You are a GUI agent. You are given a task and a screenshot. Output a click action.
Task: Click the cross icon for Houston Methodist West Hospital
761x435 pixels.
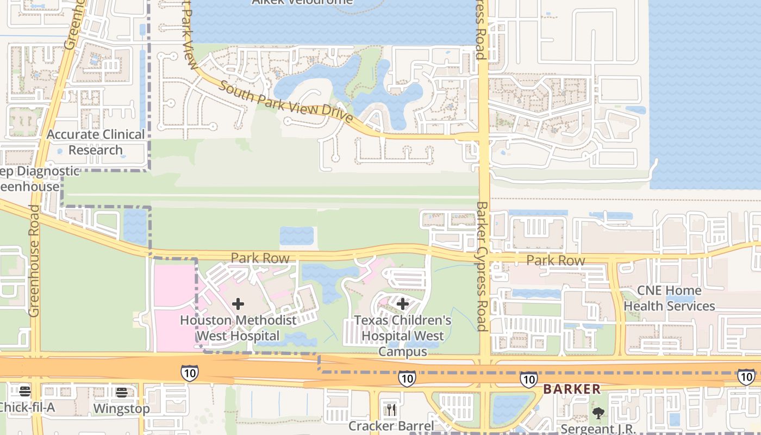coord(238,304)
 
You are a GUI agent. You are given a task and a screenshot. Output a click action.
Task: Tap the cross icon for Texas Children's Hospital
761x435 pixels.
coord(402,303)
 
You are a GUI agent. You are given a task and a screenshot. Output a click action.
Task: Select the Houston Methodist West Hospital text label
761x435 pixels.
coord(238,328)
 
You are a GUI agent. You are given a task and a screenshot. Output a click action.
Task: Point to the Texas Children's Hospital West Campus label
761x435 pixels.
coord(403,335)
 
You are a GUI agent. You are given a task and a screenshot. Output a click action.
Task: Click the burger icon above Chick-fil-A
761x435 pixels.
coord(24,391)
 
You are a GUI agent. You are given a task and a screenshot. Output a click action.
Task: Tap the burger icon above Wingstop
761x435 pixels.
coord(121,392)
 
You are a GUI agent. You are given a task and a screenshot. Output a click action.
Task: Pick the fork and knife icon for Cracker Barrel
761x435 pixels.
coord(391,409)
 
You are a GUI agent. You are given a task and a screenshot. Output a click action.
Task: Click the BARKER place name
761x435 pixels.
coord(572,389)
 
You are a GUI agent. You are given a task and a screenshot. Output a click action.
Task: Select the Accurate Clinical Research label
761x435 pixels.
coord(96,142)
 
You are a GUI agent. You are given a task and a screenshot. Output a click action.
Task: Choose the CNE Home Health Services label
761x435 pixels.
coord(669,298)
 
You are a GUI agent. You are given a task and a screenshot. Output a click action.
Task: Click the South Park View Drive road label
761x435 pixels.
coord(286,102)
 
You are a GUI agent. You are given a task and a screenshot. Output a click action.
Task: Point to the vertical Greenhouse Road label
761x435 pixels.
coord(34,261)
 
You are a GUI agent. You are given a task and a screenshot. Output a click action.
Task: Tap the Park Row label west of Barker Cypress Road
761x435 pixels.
coord(260,258)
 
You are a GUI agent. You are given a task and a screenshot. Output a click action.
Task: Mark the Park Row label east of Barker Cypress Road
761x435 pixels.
coord(556,260)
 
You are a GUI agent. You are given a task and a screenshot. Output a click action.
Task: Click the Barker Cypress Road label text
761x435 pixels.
coord(482,266)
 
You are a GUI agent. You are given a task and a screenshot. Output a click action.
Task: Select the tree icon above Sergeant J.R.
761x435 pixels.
coord(598,413)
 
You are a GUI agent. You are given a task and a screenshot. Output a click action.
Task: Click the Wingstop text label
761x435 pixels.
coord(121,408)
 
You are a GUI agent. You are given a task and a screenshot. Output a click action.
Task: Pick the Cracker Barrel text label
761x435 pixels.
coord(391,426)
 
